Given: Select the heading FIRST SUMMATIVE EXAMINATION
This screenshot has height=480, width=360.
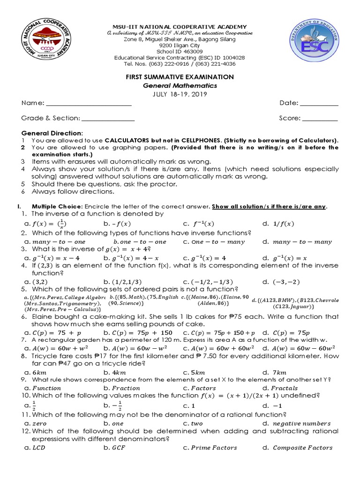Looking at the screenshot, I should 180,76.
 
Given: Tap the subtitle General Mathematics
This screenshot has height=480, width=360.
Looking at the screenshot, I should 180,85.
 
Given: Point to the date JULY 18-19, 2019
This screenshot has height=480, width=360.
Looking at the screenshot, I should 180,94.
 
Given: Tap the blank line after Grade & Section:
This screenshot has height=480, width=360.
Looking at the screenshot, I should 108,119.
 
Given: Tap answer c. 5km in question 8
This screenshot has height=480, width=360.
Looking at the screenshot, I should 192,373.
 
